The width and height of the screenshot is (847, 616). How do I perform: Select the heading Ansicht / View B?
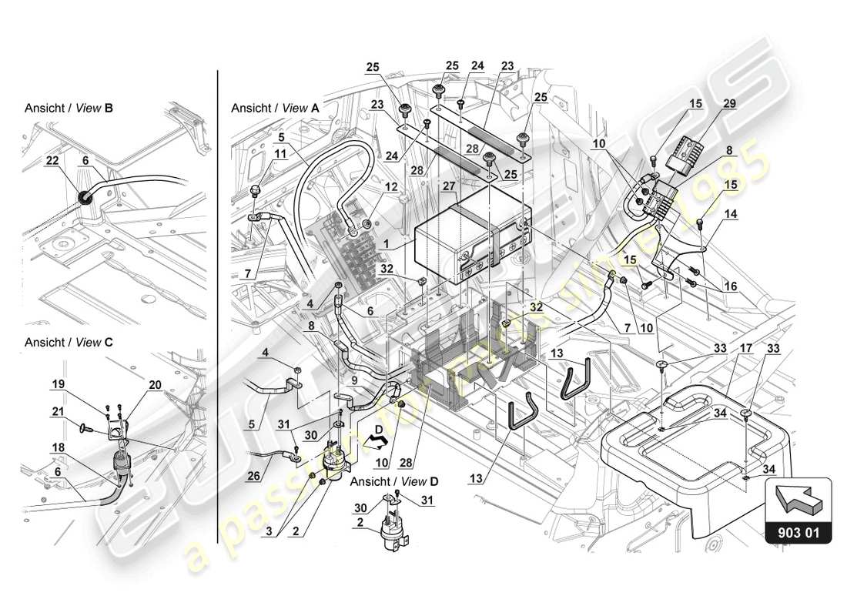[x=69, y=109]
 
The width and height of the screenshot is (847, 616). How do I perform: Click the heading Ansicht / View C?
[x=69, y=342]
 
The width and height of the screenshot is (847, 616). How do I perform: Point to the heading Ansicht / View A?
[x=275, y=109]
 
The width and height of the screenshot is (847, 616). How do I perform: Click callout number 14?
[x=729, y=216]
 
